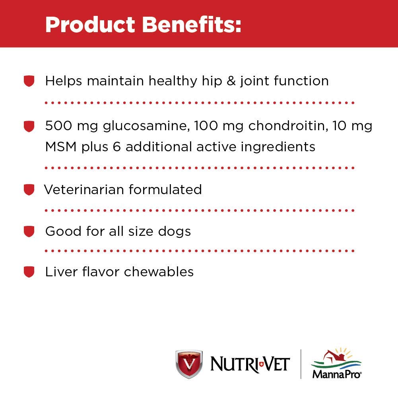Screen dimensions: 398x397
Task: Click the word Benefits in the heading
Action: point(192,25)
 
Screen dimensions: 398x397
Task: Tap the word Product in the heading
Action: point(90,25)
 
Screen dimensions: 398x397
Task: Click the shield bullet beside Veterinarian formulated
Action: point(29,190)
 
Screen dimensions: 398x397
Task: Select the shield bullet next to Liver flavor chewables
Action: point(29,272)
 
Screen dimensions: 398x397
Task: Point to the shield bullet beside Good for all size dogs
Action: point(29,231)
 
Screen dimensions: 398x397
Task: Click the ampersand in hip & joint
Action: point(231,81)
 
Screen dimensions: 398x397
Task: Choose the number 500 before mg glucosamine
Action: point(58,125)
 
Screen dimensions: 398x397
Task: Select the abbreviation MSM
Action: point(61,147)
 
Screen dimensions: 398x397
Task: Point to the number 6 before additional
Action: point(117,147)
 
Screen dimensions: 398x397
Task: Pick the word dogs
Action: point(175,232)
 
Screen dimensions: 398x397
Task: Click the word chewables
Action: point(159,272)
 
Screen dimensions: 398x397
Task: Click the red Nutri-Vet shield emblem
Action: point(189,364)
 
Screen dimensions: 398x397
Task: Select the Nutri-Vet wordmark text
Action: point(250,364)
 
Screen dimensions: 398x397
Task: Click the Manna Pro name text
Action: point(337,374)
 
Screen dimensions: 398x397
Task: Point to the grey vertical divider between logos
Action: point(301,364)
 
